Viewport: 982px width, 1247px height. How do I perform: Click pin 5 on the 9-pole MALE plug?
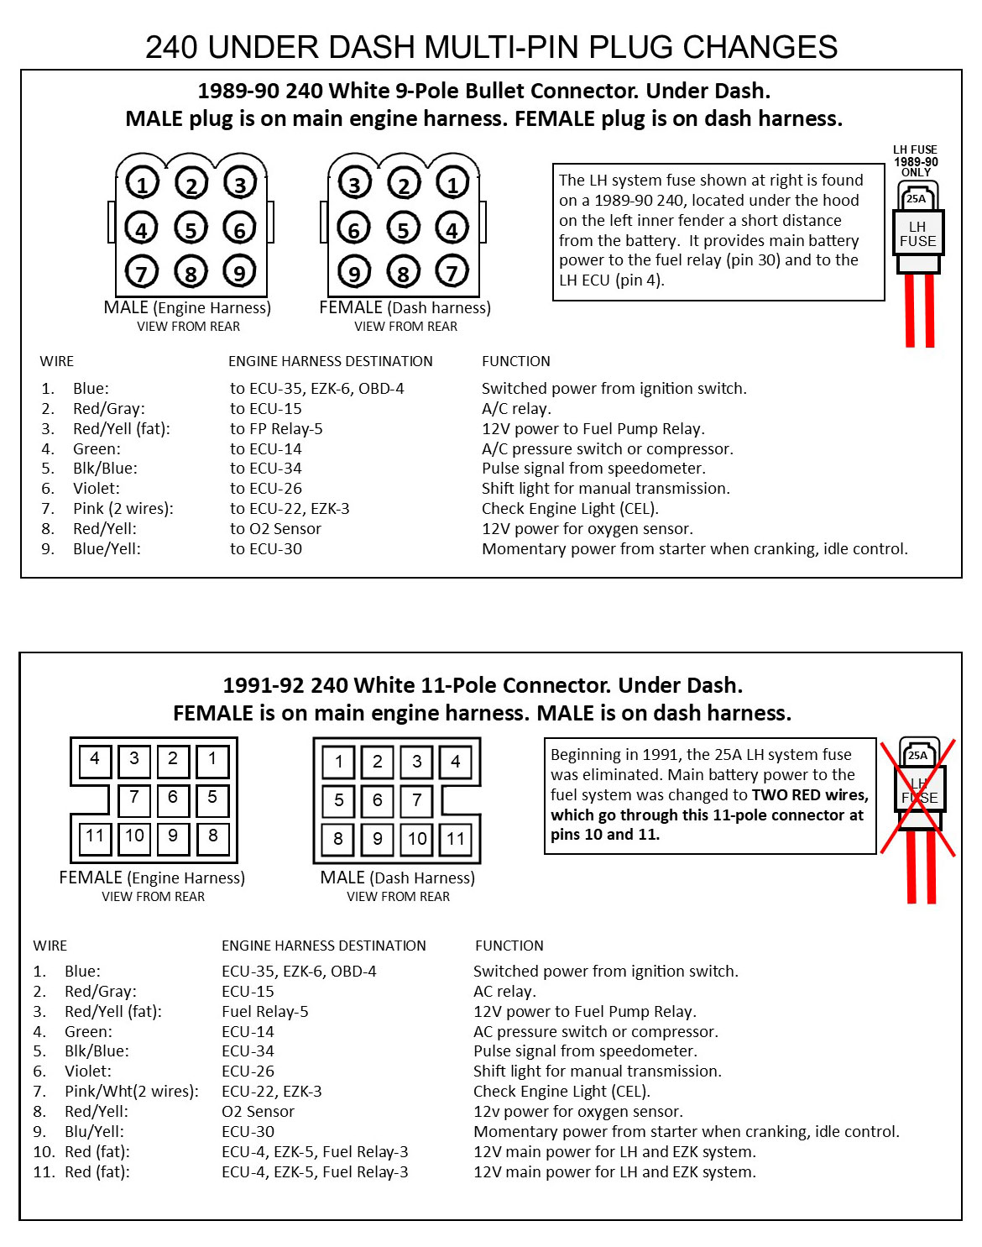pyautogui.click(x=191, y=228)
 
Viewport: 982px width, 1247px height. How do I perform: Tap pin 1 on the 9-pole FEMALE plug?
pyautogui.click(x=452, y=184)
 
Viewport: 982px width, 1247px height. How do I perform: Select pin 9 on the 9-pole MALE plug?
pyautogui.click(x=239, y=272)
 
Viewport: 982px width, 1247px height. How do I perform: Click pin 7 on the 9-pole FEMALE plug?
pyautogui.click(x=452, y=272)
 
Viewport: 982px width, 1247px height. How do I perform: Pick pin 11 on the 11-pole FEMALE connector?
pyautogui.click(x=95, y=836)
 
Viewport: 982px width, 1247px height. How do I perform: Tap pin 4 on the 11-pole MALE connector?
pyautogui.click(x=455, y=762)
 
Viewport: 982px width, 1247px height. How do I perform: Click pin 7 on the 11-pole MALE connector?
pyautogui.click(x=416, y=800)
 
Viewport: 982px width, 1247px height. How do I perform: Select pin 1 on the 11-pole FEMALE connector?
pyautogui.click(x=212, y=759)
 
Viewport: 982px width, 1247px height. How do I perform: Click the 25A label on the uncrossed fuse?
pyautogui.click(x=917, y=199)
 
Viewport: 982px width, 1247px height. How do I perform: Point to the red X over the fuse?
pyautogui.click(x=917, y=798)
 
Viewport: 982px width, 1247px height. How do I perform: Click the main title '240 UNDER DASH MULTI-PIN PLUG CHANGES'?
pyautogui.click(x=491, y=47)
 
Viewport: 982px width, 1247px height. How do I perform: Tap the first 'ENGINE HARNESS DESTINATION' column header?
pyautogui.click(x=330, y=361)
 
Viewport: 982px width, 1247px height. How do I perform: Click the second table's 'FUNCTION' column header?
pyautogui.click(x=509, y=946)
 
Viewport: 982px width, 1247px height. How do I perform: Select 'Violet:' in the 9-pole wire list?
pyautogui.click(x=96, y=489)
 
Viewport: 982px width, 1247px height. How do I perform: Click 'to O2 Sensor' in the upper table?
pyautogui.click(x=275, y=529)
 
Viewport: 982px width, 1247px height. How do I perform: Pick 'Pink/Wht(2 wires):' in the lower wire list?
pyautogui.click(x=131, y=1092)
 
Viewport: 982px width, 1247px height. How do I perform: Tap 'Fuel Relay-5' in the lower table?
pyautogui.click(x=264, y=1012)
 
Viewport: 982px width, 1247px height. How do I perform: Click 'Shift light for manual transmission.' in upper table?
pyautogui.click(x=605, y=489)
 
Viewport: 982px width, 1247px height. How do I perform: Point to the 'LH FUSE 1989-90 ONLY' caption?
pyautogui.click(x=916, y=160)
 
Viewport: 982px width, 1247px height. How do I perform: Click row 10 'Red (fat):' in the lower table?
pyautogui.click(x=97, y=1152)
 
